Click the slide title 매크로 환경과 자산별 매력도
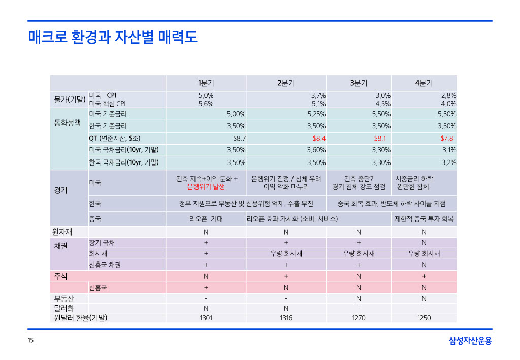pyautogui.click(x=113, y=37)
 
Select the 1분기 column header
pyautogui.click(x=206, y=83)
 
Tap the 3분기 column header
pyautogui.click(x=359, y=83)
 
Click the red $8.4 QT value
pyautogui.click(x=319, y=138)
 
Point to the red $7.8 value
pyautogui.click(x=447, y=138)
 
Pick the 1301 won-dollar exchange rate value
pyautogui.click(x=206, y=318)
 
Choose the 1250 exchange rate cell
pyautogui.click(x=424, y=318)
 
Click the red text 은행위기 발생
pyautogui.click(x=206, y=187)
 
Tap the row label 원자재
pyautogui.click(x=63, y=232)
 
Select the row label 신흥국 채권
pyautogui.click(x=105, y=265)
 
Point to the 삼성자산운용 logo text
pyautogui.click(x=470, y=341)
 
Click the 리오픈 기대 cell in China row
pyautogui.click(x=206, y=219)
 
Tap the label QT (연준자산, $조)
pyautogui.click(x=115, y=138)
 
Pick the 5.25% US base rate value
pyautogui.click(x=316, y=113)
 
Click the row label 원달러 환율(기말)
pyautogui.click(x=80, y=318)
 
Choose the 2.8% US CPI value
pyautogui.click(x=448, y=95)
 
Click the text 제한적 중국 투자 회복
pyautogui.click(x=424, y=219)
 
